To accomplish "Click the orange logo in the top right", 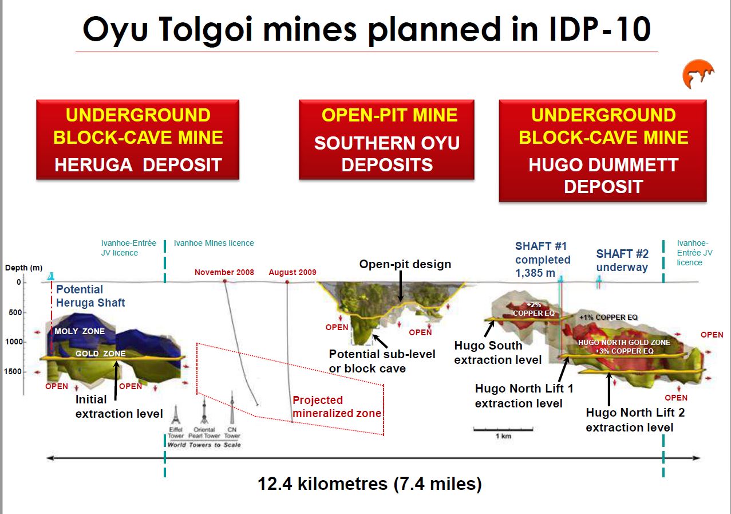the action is click(698, 74).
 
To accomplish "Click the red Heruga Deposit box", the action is click(138, 139).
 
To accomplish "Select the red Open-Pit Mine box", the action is click(386, 139).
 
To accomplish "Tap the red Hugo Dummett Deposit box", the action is click(603, 150).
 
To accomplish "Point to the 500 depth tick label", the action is click(15, 312).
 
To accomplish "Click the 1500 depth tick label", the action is click(13, 371).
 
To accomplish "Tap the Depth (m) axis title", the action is click(24, 268).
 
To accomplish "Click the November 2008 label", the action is click(224, 272).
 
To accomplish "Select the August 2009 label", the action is click(293, 272).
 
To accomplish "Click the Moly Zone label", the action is click(80, 331).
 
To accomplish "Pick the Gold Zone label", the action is click(101, 354).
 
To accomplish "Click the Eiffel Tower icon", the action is click(176, 414).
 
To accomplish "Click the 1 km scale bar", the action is click(503, 429).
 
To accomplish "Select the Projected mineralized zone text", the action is click(337, 406).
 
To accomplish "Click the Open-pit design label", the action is click(405, 264).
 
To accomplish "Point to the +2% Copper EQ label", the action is click(534, 309).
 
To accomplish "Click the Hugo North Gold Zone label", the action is click(624, 347).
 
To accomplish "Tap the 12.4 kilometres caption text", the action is click(369, 484).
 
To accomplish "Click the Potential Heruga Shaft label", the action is click(90, 296).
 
